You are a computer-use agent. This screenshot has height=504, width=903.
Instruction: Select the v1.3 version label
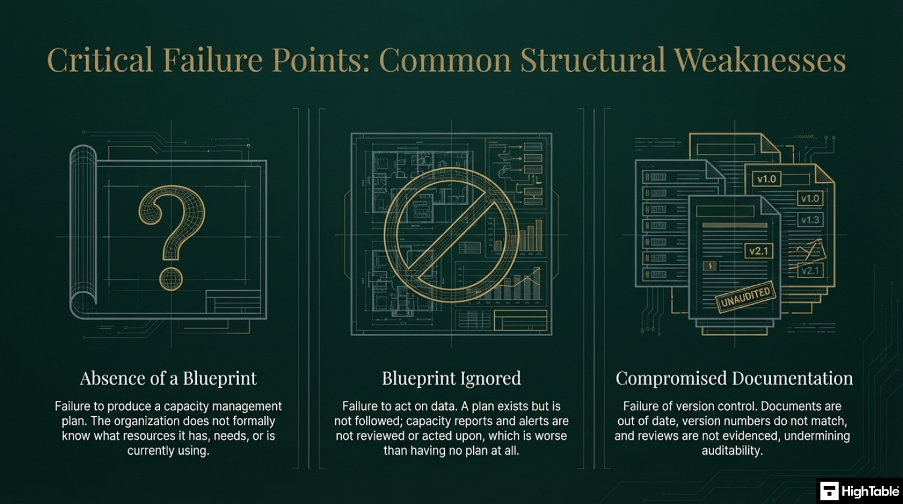click(x=810, y=220)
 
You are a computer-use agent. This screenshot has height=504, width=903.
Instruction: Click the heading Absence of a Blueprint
click(x=169, y=378)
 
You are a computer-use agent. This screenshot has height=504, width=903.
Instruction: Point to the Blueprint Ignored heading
click(x=451, y=378)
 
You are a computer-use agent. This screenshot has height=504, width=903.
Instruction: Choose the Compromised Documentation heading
click(x=734, y=378)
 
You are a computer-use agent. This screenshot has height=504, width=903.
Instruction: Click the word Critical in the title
click(x=100, y=60)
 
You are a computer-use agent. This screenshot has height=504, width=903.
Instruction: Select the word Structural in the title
click(x=592, y=60)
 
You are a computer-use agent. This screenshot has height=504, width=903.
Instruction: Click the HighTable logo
click(x=860, y=491)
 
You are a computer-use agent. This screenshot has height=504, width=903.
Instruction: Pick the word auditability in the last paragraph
click(x=732, y=450)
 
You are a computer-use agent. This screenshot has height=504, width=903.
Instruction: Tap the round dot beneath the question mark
click(x=171, y=279)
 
